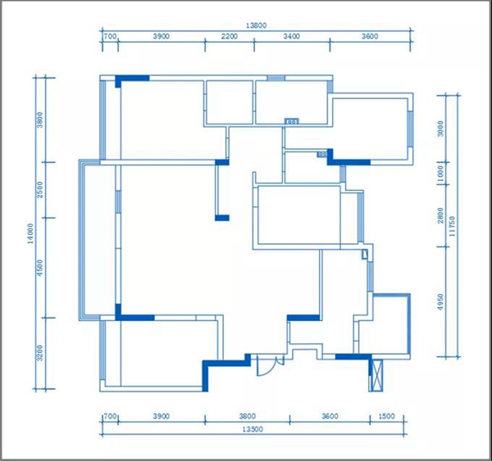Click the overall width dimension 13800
pos(256,25)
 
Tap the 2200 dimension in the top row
pos(230,36)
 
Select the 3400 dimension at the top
pos(291,36)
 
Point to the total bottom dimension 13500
pos(253,429)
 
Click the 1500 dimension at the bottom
pos(386,416)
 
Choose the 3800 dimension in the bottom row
pos(248,416)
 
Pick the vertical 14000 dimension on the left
pos(30,233)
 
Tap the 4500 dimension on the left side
pos(39,268)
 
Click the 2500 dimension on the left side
pos(39,190)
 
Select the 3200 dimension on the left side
pos(39,353)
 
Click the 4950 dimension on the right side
pos(441,302)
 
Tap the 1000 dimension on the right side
pos(441,174)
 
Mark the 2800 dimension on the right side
pos(441,215)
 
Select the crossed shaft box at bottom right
pos(376,376)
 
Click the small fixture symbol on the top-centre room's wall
pos(292,121)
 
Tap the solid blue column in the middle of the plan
pos(222,218)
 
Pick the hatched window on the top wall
pos(276,78)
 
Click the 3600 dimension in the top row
pos(370,36)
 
